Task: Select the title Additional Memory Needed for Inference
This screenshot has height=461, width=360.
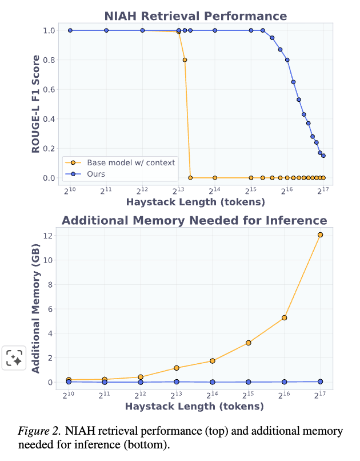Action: pos(194,221)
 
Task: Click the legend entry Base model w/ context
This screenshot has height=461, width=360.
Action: pos(131,162)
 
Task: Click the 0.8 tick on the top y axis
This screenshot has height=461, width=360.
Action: pos(49,59)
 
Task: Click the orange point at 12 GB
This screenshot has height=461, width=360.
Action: pos(320,235)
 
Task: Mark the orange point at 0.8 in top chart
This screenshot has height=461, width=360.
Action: pos(185,59)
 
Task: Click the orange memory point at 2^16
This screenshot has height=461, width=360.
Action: pos(284,317)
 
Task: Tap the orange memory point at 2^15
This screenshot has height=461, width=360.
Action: pos(249,343)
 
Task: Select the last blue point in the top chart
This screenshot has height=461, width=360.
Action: pos(323,156)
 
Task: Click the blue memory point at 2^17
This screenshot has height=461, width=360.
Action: pos(320,381)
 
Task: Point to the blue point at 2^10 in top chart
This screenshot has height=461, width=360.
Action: pos(70,30)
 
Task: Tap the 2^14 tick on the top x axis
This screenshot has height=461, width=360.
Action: pos(214,191)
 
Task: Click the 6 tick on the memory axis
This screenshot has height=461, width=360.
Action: pos(51,309)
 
